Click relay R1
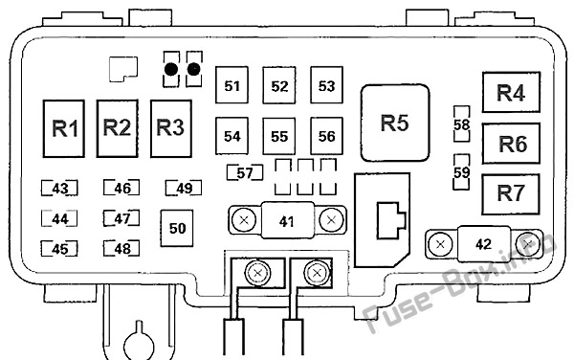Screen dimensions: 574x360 click(64, 128)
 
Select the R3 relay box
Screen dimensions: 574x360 click(171, 128)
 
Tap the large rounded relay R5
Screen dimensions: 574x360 click(395, 123)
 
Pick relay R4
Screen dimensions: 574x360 click(511, 92)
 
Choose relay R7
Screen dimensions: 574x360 click(511, 194)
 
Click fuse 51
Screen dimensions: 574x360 click(232, 84)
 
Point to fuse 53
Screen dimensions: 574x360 click(326, 84)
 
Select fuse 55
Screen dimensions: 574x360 click(279, 136)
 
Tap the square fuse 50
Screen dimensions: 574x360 click(177, 228)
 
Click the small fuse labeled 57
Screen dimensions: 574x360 click(245, 173)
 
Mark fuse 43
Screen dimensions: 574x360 click(59, 189)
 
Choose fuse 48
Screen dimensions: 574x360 click(121, 249)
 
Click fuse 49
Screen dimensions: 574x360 click(184, 189)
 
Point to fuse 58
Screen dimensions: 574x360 click(462, 124)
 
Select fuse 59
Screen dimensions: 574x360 click(462, 172)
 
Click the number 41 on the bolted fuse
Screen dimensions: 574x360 click(286, 221)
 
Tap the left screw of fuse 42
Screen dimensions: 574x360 click(440, 244)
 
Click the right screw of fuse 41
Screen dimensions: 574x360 click(331, 220)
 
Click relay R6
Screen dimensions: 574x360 click(511, 144)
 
